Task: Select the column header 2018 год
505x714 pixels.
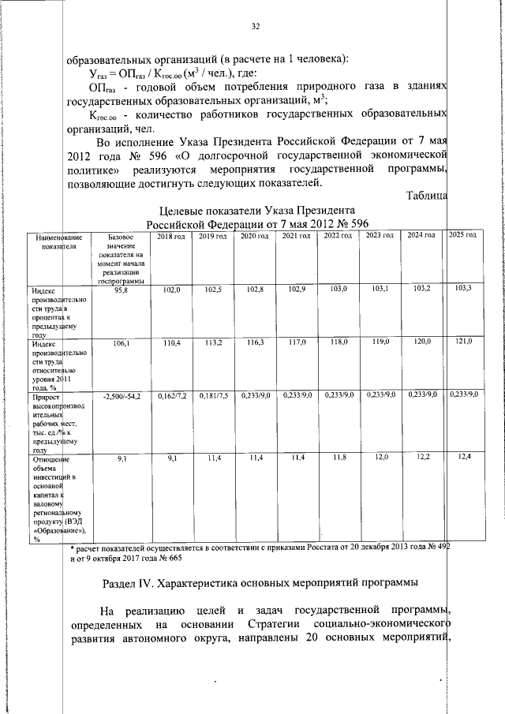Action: pos(171,237)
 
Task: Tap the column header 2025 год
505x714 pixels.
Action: pos(462,236)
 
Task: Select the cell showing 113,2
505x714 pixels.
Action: pos(212,343)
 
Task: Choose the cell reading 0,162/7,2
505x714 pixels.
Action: pos(171,395)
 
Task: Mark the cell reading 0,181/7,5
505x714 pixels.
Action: pos(213,395)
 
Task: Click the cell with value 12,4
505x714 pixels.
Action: pos(463,457)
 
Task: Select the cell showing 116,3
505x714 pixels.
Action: pos(255,343)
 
